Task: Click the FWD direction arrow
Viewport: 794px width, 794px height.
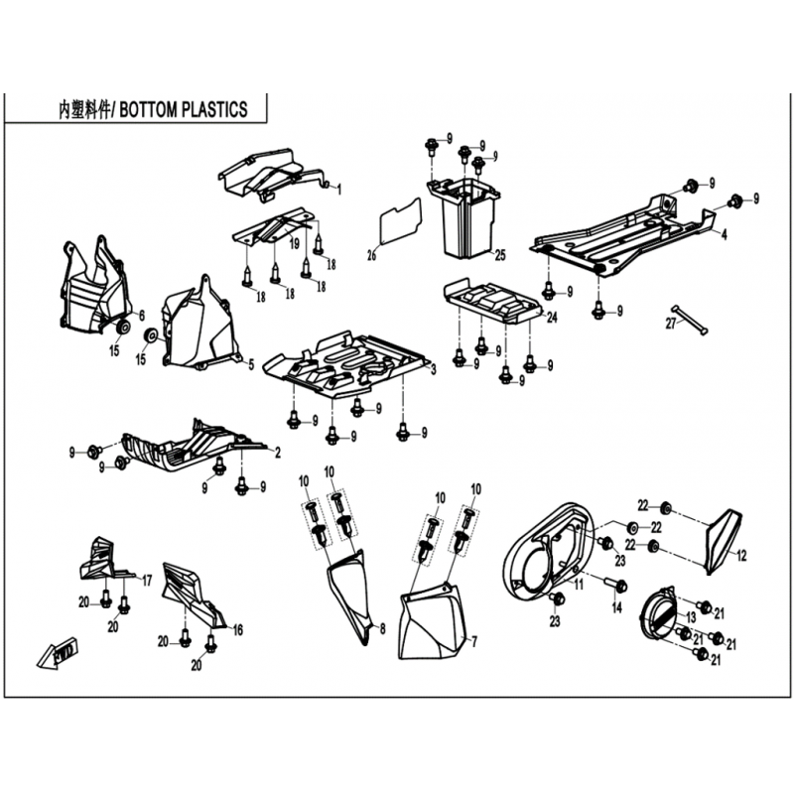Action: click(x=58, y=653)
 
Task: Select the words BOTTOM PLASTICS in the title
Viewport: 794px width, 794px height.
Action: click(x=184, y=110)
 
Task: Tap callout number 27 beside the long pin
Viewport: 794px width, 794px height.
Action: click(x=671, y=323)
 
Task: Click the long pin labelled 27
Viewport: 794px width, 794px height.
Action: click(x=690, y=320)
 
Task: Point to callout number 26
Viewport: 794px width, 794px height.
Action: click(x=371, y=255)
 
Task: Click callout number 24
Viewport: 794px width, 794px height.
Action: click(x=552, y=317)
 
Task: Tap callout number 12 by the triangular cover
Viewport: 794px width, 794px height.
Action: click(x=741, y=556)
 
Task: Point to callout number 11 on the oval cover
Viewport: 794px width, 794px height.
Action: click(x=579, y=585)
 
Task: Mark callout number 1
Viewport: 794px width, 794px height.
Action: click(x=339, y=190)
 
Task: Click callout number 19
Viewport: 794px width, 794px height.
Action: click(x=294, y=244)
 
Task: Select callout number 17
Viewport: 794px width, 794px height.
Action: click(x=147, y=581)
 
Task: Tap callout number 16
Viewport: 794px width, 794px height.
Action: click(x=237, y=630)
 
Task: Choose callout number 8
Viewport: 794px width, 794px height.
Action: click(x=383, y=628)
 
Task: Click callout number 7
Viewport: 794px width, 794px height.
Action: click(x=474, y=642)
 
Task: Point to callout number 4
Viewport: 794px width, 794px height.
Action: click(x=725, y=234)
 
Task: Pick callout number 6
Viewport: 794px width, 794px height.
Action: click(x=142, y=316)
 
